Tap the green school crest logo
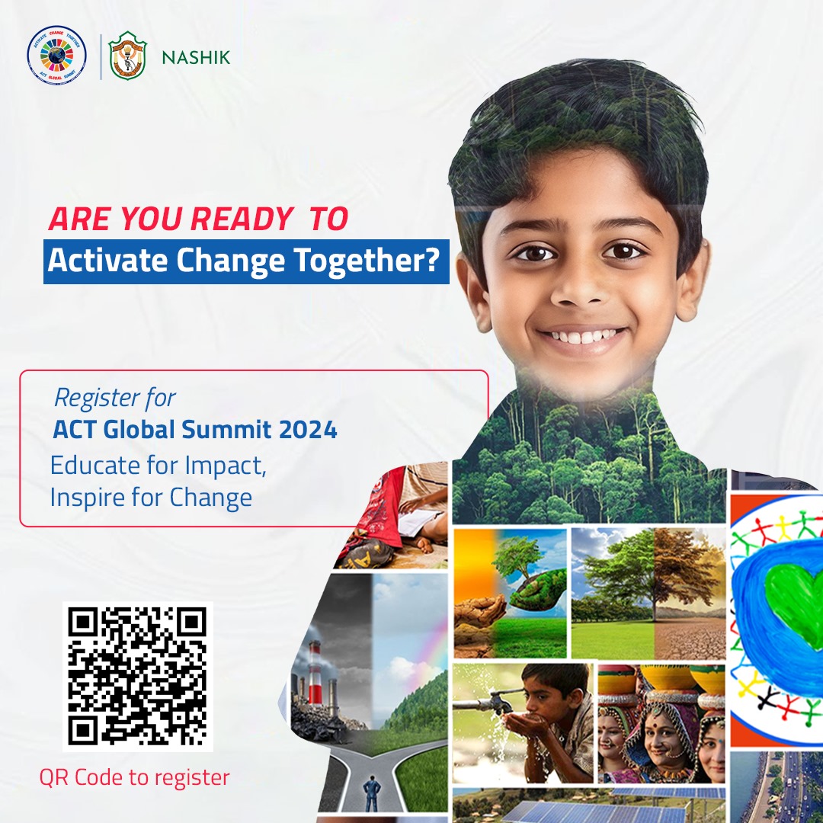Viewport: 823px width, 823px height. tap(127, 56)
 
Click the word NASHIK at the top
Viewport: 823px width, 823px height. tap(196, 58)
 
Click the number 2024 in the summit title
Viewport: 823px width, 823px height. tap(308, 430)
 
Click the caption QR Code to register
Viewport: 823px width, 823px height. tap(134, 777)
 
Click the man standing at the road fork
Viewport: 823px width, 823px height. tap(373, 790)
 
